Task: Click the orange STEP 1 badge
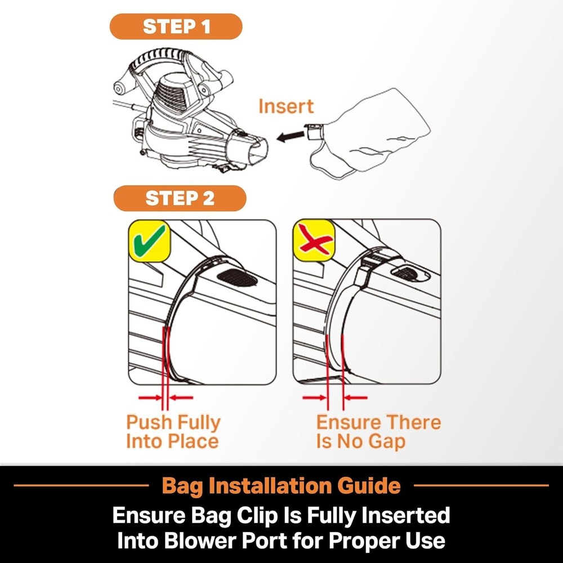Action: point(176,26)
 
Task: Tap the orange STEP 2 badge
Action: point(180,198)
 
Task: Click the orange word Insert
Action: point(286,106)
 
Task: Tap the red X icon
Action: point(315,238)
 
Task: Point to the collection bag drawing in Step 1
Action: point(370,133)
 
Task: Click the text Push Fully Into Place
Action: point(173,432)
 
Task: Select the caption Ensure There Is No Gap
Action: point(378,432)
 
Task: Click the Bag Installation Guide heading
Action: point(281,485)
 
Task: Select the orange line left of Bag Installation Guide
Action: point(81,485)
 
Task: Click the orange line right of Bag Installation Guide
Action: point(481,485)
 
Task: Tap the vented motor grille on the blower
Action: point(172,95)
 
